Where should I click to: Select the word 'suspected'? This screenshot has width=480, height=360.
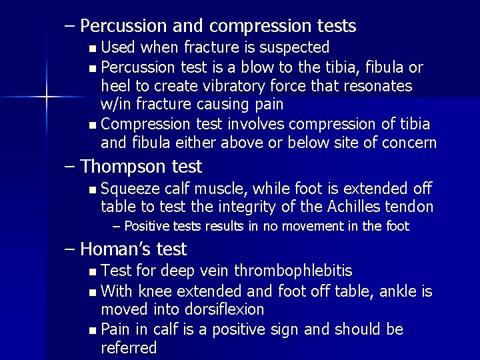(296, 47)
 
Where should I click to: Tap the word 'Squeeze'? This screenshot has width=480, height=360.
(131, 189)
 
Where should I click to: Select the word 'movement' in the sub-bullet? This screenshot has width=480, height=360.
(316, 227)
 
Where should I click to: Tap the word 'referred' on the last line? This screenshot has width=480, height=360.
(129, 347)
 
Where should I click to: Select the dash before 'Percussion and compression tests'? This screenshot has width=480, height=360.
(70, 27)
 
